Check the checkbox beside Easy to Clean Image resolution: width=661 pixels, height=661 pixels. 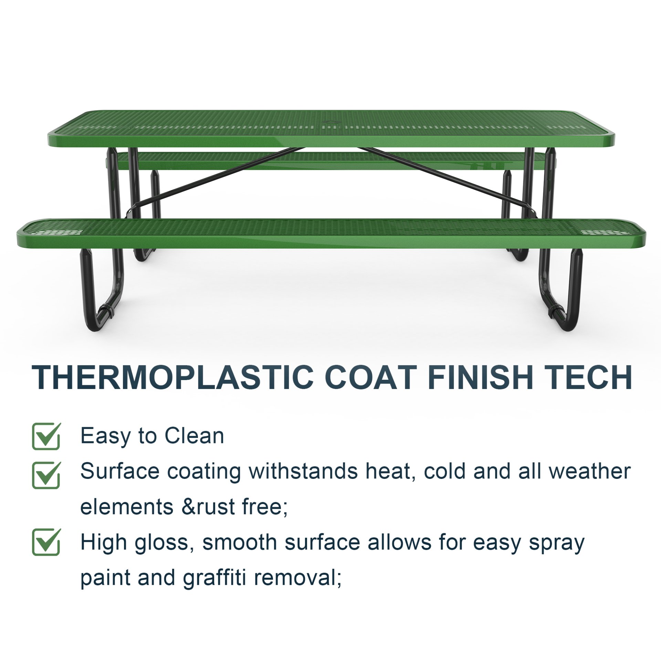pos(46,436)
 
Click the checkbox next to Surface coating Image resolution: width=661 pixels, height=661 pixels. pos(46,475)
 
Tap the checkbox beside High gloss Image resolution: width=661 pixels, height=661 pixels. pos(46,542)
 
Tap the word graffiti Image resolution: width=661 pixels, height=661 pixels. pos(214,578)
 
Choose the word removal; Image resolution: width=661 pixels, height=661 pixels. pos(298,578)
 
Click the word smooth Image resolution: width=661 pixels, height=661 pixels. pos(240,542)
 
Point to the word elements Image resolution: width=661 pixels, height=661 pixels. pos(127,507)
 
